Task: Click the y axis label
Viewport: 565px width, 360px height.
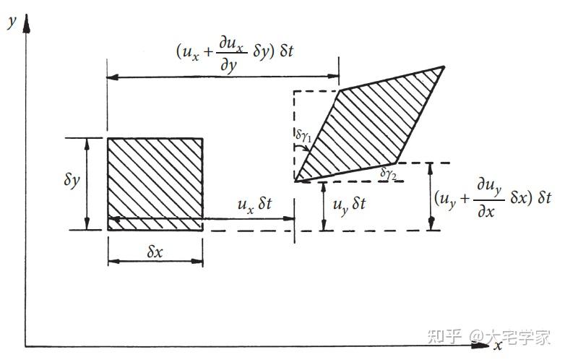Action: tap(11, 22)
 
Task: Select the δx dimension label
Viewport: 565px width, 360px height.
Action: tap(156, 252)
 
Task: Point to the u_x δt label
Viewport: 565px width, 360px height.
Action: tap(255, 205)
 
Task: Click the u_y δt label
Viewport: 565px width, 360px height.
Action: tap(350, 205)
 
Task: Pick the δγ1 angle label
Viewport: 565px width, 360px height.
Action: tap(303, 134)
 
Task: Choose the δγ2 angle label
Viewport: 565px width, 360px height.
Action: tap(389, 173)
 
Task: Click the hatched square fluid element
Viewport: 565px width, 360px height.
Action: tap(155, 184)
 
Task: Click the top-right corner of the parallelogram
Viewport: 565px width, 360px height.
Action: tap(442, 67)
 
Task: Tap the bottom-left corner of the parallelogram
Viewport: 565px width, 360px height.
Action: tap(296, 180)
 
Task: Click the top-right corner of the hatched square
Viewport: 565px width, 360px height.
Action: tap(202, 138)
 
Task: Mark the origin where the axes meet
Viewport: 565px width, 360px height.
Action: tap(27, 346)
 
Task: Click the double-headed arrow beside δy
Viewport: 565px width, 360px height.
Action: tap(87, 184)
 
